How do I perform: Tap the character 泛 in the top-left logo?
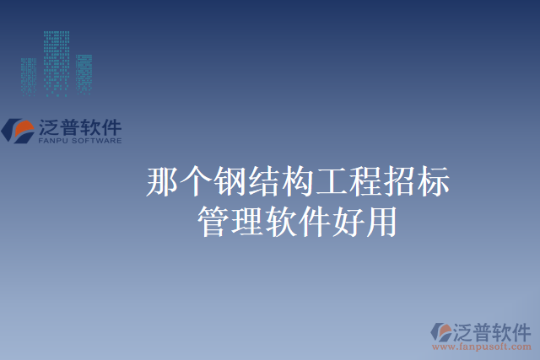point(49,127)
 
